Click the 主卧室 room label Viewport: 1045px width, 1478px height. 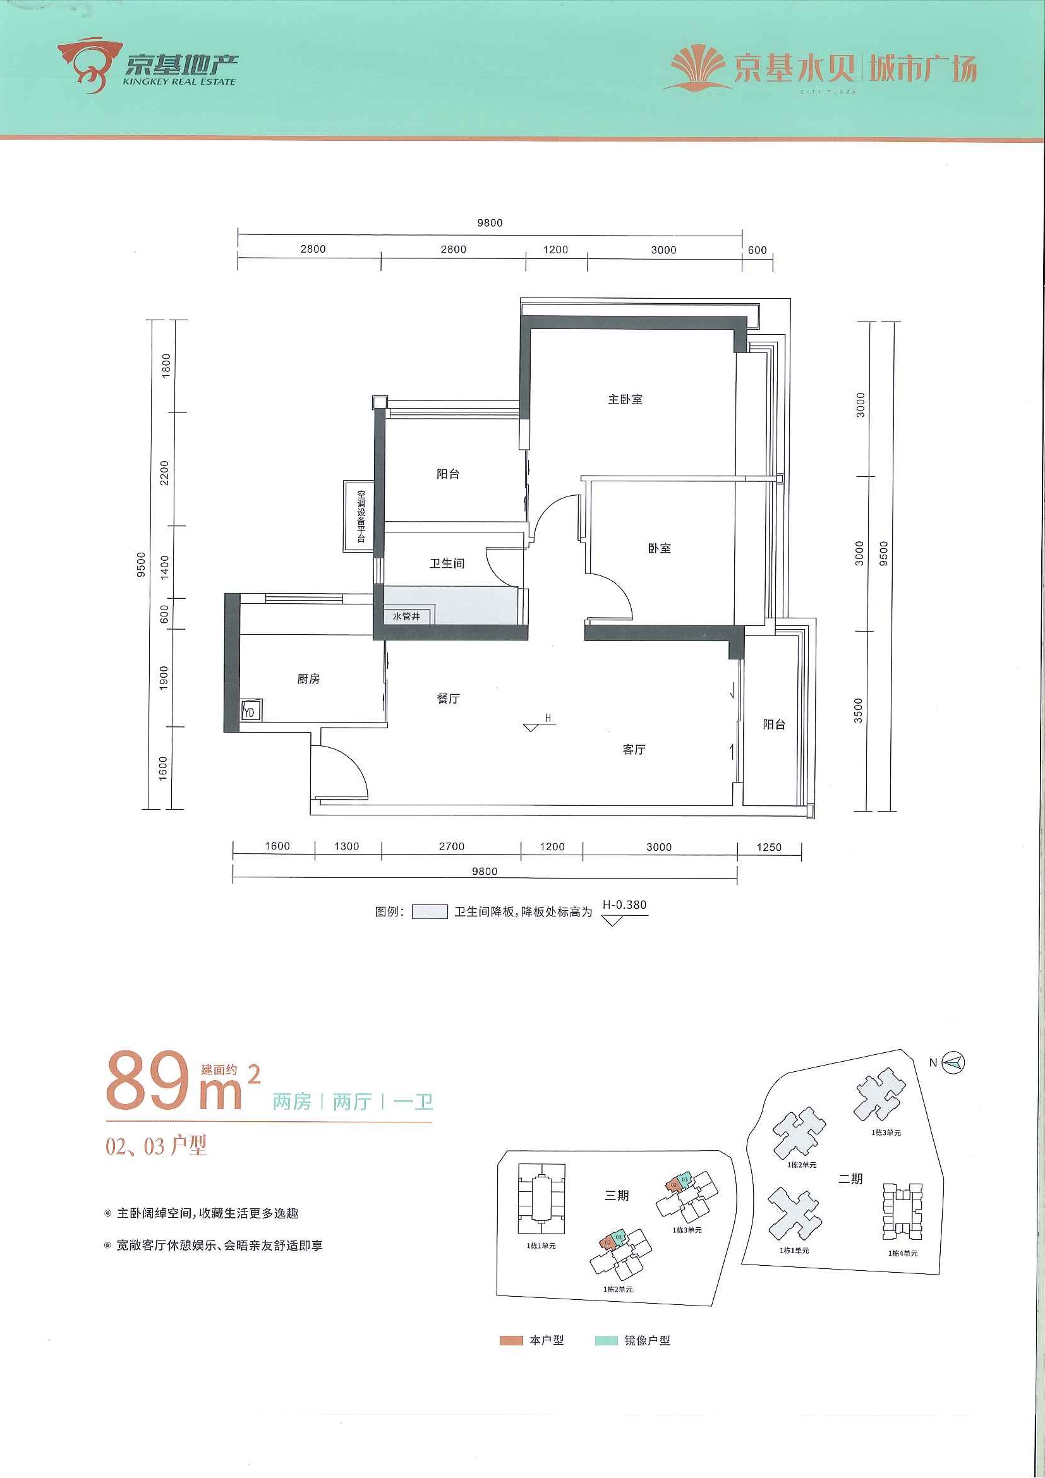coord(625,399)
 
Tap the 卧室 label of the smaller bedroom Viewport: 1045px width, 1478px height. coord(659,548)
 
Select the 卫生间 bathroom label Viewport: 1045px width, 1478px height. coord(447,563)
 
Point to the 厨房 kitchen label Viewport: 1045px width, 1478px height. coord(308,678)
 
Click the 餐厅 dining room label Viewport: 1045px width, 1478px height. coord(448,699)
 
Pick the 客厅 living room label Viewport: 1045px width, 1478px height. coord(634,749)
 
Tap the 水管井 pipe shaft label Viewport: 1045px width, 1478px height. coord(406,616)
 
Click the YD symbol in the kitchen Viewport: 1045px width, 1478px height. coord(250,711)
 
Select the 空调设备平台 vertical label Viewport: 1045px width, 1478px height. coord(361,516)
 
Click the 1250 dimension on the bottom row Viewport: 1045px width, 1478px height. coord(769,847)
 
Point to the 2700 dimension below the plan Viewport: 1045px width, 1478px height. coord(451,846)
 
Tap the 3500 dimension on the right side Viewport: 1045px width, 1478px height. coord(857,710)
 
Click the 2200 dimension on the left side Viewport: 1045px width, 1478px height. coord(164,473)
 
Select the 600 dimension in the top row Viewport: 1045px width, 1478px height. coord(757,249)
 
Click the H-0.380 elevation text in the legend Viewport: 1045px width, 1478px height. coord(624,904)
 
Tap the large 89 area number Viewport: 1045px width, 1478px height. coord(148,1081)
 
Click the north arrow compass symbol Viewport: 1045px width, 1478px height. coord(953,1062)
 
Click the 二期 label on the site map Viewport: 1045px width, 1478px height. coord(850,1178)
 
